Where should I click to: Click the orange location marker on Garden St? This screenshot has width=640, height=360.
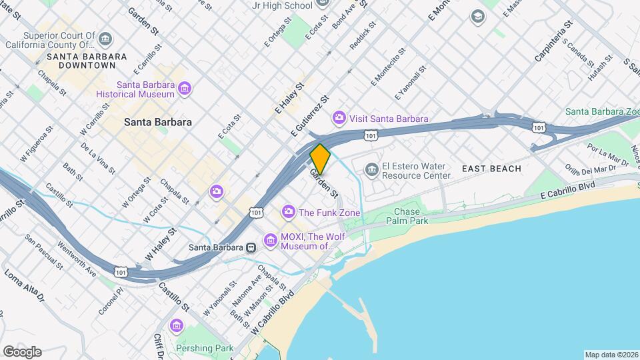click(321, 159)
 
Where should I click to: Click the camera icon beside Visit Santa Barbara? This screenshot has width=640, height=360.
click(339, 118)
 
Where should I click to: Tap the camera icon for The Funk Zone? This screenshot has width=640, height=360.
click(289, 212)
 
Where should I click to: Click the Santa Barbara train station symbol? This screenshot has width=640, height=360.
click(251, 247)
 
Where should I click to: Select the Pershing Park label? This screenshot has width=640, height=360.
click(205, 347)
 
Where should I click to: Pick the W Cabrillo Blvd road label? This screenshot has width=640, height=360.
click(274, 313)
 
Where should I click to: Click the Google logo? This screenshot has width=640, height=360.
click(22, 351)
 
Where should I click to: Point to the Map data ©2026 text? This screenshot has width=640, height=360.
click(610, 355)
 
